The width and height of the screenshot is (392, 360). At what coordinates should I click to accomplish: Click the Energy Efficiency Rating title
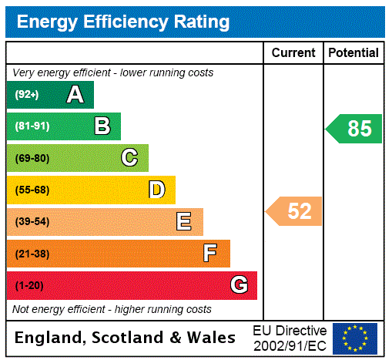123,22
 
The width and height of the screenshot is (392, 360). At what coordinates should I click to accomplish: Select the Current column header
293,53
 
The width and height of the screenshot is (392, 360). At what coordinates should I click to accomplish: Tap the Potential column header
353,53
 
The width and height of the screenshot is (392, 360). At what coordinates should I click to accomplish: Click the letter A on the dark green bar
75,95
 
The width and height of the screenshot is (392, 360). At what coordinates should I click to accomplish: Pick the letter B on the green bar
102,126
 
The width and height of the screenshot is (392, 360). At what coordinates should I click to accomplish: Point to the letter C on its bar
129,158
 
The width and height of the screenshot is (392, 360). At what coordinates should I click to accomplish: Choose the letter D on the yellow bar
156,190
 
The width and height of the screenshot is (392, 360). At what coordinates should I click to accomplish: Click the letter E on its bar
184,222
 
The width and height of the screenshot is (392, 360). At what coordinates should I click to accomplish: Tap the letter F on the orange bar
210,254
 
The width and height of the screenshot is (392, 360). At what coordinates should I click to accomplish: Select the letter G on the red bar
239,285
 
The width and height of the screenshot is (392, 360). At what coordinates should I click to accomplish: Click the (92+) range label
27,95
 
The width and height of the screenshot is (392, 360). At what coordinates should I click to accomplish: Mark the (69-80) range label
32,158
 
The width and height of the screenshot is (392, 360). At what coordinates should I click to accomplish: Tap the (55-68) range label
32,190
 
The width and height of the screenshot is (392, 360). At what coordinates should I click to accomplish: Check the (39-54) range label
32,222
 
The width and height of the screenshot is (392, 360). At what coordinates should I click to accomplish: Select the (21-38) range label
32,254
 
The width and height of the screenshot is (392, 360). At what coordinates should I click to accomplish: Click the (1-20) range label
29,285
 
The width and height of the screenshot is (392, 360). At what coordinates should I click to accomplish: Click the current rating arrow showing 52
295,211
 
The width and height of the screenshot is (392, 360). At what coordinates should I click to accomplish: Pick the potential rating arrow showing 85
355,128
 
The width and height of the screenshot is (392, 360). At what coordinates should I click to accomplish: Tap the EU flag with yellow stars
355,338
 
